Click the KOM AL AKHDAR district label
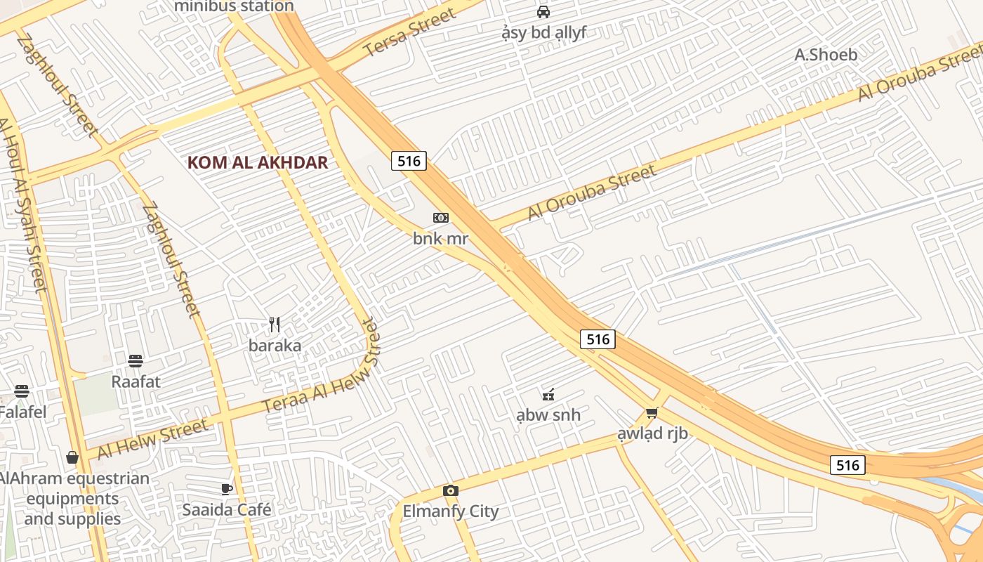[258, 163]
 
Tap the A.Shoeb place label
[826, 55]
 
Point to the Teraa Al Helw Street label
[320, 367]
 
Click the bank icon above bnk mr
[441, 218]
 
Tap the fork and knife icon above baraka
[275, 325]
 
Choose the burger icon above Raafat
[136, 361]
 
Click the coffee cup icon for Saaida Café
[227, 489]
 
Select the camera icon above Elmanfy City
[451, 490]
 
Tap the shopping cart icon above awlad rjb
[652, 412]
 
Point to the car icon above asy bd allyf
[543, 12]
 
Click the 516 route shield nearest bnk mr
[409, 161]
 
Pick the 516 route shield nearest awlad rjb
[598, 339]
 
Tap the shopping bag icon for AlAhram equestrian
[72, 458]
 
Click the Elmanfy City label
[451, 511]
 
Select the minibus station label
[234, 6]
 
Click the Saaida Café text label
[227, 510]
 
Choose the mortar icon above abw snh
[548, 394]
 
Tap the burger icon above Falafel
[22, 391]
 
